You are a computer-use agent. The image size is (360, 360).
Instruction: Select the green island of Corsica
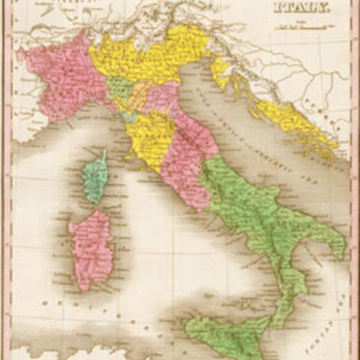pos(95,176)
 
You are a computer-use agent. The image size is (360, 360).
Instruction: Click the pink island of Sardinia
pos(91,247)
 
